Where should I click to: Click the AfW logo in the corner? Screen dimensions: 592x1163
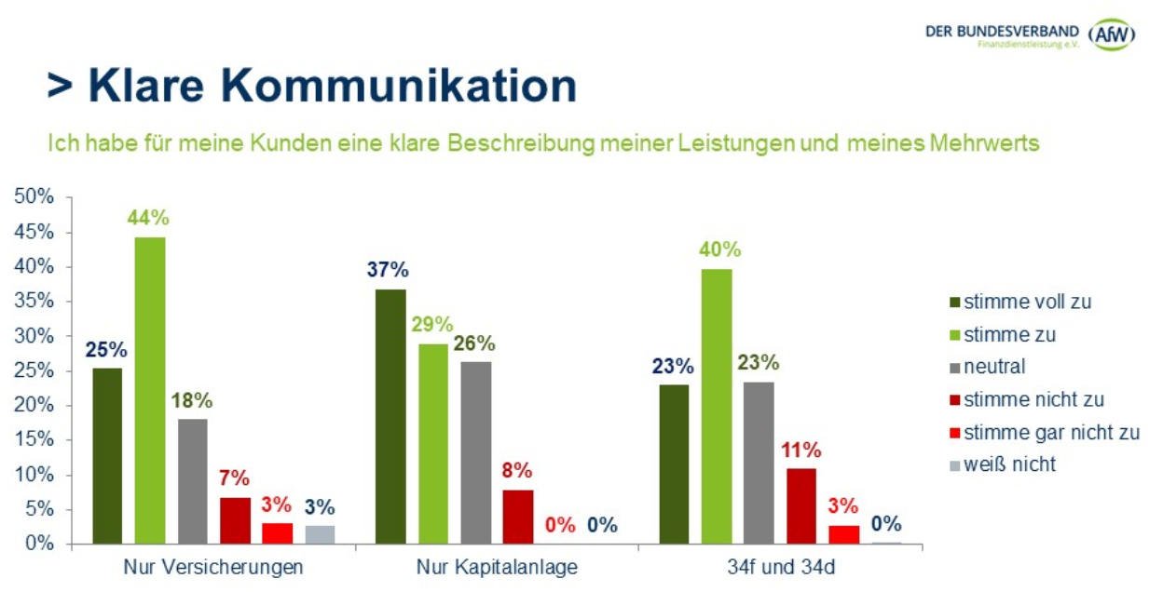pyautogui.click(x=1113, y=34)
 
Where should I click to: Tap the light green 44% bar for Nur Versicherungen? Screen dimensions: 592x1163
pyautogui.click(x=150, y=390)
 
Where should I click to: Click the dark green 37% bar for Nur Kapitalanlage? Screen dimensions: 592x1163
pyautogui.click(x=390, y=416)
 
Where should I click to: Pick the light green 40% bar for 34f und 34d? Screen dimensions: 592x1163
pyautogui.click(x=717, y=406)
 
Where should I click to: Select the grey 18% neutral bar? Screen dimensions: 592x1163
pyautogui.click(x=193, y=480)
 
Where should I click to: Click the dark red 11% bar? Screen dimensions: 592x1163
pyautogui.click(x=801, y=505)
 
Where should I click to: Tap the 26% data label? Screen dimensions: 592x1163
pyautogui.click(x=475, y=343)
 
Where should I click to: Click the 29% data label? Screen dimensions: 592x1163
pyautogui.click(x=432, y=325)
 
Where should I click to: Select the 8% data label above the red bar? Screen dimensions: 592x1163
pyautogui.click(x=517, y=470)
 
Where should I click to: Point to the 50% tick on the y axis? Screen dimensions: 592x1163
pyautogui.click(x=35, y=197)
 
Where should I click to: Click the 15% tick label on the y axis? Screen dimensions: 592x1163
pyautogui.click(x=35, y=440)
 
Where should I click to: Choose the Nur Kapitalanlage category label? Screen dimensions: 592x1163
pyautogui.click(x=497, y=567)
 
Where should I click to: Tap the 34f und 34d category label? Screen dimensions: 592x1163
pyautogui.click(x=780, y=567)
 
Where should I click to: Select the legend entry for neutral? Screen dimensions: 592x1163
pyautogui.click(x=994, y=367)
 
